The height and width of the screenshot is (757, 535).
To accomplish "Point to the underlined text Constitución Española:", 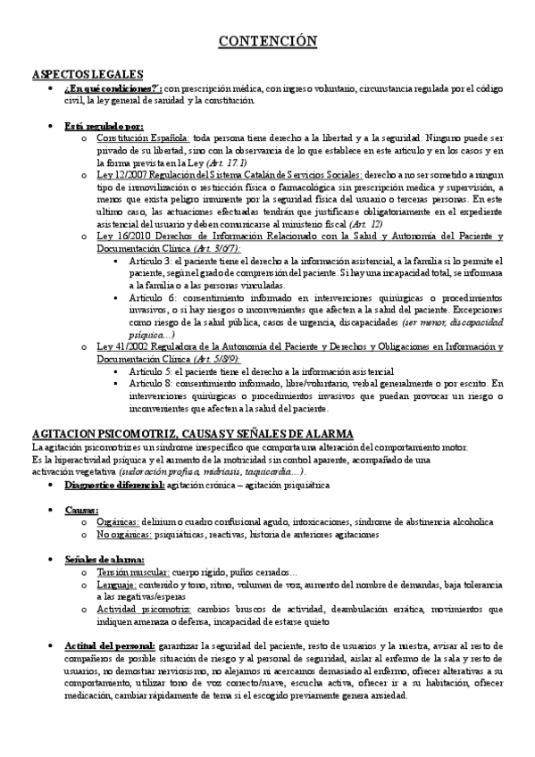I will pyautogui.click(x=142, y=139).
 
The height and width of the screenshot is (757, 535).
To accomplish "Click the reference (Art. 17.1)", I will pyautogui.click(x=230, y=164).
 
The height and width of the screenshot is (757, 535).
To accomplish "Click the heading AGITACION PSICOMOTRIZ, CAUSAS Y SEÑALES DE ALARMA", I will pyautogui.click(x=193, y=433).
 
